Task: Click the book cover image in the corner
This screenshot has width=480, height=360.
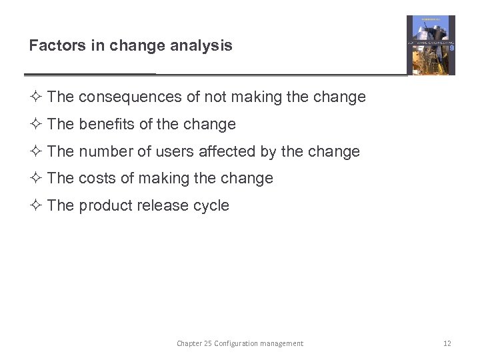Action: (x=431, y=45)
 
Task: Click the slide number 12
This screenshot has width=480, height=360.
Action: (x=447, y=343)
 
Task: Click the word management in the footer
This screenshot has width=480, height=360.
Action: (x=283, y=343)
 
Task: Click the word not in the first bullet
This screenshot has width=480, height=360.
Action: (x=215, y=97)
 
